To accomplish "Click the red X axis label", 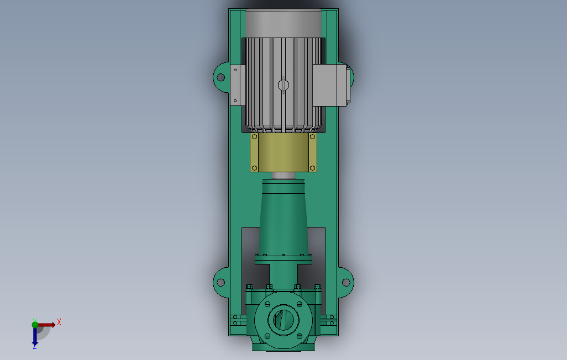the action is click(59, 322).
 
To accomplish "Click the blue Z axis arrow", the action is click(35, 336).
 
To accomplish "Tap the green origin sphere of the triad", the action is click(35, 325).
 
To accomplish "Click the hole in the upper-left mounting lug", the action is click(221, 77).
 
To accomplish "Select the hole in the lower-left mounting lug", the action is click(221, 282).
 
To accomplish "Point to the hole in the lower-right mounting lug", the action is click(346, 282).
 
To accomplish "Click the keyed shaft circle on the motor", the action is click(283, 85).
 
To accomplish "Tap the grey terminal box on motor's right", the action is click(329, 85).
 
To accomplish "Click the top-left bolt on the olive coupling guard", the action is click(255, 137).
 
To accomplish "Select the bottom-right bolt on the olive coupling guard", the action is click(312, 168).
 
